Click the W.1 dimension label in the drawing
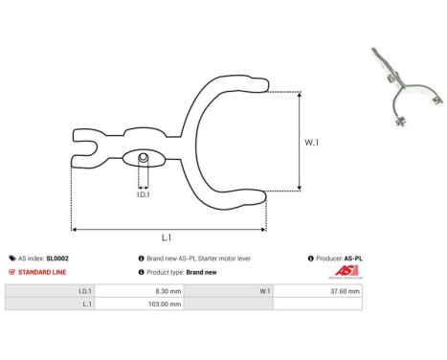311,143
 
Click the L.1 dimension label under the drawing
167,237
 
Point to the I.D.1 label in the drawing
142,194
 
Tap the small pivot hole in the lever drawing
142,158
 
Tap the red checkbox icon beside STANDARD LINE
11,272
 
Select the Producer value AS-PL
353,259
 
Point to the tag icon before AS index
11,259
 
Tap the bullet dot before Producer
311,259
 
